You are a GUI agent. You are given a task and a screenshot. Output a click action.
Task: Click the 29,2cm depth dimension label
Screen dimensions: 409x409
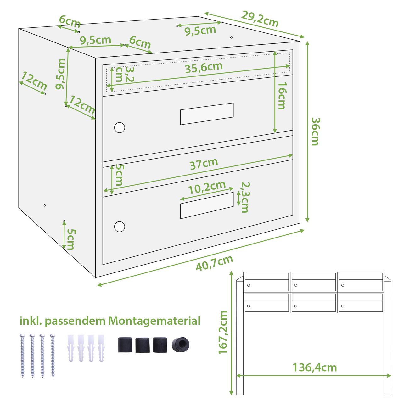point(260,19)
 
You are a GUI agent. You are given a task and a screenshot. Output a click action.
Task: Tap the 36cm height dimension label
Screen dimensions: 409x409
point(315,132)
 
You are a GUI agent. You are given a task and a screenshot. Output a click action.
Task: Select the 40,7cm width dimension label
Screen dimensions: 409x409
point(214,263)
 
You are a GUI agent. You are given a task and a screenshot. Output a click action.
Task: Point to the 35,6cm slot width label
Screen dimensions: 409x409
point(204,68)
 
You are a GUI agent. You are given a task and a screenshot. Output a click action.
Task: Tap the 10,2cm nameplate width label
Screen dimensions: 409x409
point(207,188)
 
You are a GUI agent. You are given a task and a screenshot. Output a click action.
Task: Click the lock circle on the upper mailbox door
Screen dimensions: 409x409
point(120,127)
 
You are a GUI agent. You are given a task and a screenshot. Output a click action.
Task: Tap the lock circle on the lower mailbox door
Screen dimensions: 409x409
point(120,227)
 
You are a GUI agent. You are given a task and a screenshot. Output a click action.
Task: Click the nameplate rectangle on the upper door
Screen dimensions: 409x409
point(207,114)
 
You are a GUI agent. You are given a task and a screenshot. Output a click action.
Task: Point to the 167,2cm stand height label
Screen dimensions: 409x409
point(223,332)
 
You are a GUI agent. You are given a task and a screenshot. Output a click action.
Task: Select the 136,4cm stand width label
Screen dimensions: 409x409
point(315,368)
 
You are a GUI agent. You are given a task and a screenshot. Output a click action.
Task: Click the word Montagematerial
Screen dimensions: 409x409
point(154,321)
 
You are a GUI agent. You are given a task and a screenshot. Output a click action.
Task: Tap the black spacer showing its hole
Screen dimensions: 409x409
point(180,345)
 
